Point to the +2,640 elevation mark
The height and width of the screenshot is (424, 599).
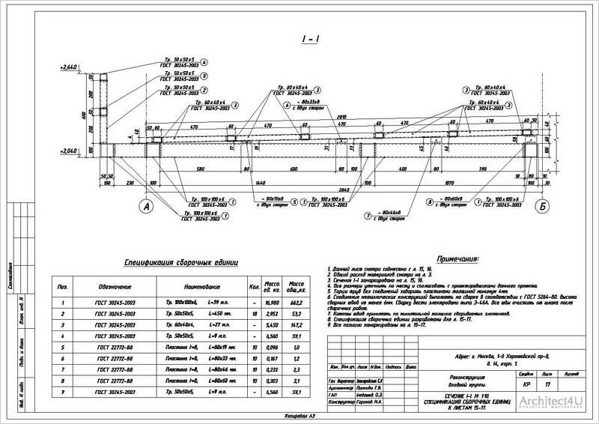pyautogui.click(x=70, y=67)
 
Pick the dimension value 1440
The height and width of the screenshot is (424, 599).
pyautogui.click(x=261, y=182)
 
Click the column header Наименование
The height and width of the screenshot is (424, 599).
pyautogui.click(x=200, y=286)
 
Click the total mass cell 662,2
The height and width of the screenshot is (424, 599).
pyautogui.click(x=296, y=302)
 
